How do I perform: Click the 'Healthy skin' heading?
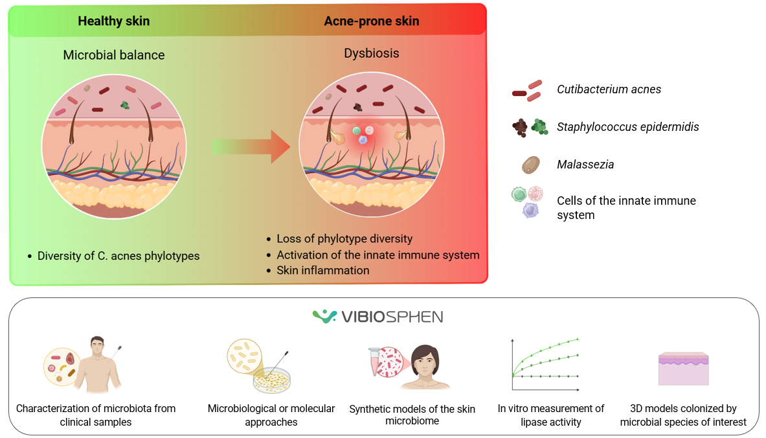click(x=113, y=21)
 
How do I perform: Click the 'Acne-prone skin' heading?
click(x=371, y=21)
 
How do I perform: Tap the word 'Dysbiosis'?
click(x=371, y=53)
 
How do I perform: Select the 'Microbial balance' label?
click(x=113, y=55)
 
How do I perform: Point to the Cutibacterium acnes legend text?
click(x=609, y=89)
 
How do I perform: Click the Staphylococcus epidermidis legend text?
click(x=627, y=127)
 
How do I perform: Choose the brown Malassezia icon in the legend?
click(x=530, y=165)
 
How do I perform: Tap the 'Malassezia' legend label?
click(x=585, y=165)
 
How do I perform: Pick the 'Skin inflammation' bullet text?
click(x=322, y=270)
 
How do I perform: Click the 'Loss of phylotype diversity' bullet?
click(x=344, y=238)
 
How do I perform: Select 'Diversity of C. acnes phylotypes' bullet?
click(x=118, y=256)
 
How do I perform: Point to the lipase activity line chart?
click(x=545, y=363)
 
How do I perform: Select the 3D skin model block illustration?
click(x=683, y=369)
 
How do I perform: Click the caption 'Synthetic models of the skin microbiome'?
click(x=412, y=415)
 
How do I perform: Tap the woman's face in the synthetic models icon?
click(x=426, y=360)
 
